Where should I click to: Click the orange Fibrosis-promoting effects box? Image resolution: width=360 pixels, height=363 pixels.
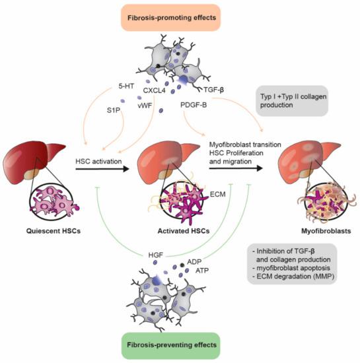click(180, 15)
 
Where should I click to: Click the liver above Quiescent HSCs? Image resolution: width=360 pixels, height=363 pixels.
click(32, 162)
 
